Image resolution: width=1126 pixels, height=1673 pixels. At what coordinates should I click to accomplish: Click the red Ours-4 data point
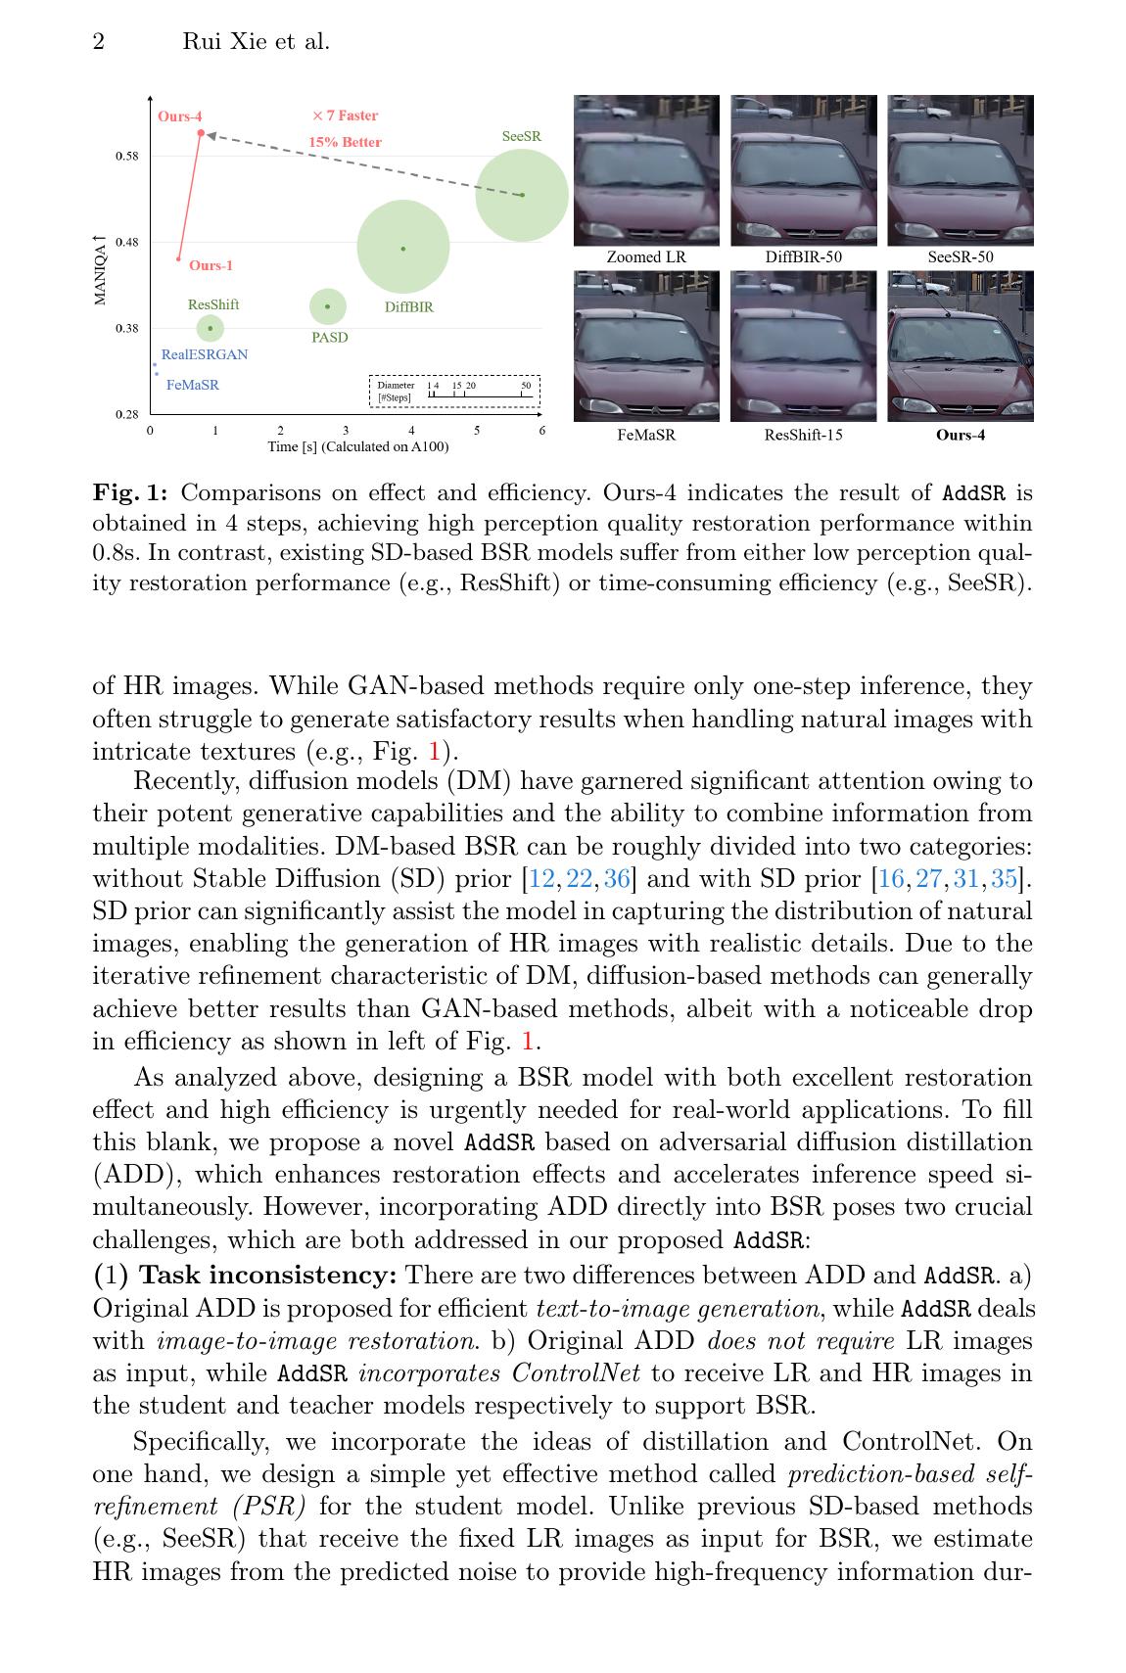tap(201, 133)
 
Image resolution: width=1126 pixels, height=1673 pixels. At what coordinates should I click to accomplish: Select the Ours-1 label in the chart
tap(211, 265)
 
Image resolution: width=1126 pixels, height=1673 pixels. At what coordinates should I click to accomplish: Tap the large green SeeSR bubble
tap(522, 194)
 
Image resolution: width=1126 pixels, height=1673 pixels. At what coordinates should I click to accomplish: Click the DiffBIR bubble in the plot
tap(403, 248)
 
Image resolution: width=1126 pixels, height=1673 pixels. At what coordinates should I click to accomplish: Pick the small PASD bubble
tap(328, 306)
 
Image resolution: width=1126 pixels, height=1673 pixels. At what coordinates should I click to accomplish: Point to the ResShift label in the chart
tap(213, 304)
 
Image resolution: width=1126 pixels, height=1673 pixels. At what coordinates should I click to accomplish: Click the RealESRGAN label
tap(205, 354)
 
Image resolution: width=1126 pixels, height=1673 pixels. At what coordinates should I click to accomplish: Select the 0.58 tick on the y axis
tap(127, 156)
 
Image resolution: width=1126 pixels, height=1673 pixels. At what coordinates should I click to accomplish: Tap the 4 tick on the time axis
tap(411, 430)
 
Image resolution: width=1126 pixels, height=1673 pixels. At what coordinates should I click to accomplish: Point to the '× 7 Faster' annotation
tap(345, 116)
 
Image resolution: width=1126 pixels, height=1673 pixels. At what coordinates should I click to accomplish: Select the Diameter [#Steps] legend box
tap(454, 392)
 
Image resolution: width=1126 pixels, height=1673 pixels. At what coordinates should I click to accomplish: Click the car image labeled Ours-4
tap(960, 347)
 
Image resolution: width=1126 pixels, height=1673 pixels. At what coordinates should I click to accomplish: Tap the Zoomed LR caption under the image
tap(646, 256)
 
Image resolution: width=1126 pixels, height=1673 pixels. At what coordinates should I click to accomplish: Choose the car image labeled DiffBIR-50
tap(803, 170)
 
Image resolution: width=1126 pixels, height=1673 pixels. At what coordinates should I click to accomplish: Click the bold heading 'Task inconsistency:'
tap(269, 1276)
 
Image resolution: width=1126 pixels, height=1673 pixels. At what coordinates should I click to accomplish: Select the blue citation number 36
tap(617, 878)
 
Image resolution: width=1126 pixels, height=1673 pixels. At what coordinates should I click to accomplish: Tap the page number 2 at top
tap(99, 41)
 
